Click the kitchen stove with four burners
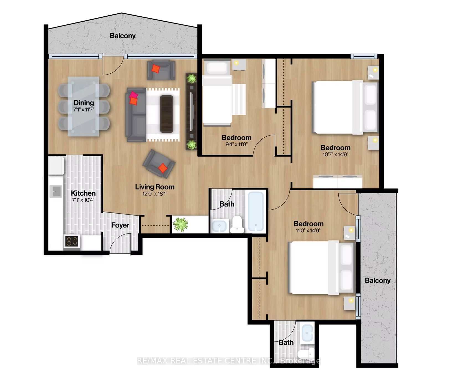coord(72,241)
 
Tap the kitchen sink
coord(56,191)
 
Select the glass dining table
coord(84,106)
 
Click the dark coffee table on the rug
coord(167,114)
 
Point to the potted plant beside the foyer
coord(180,224)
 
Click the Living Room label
coord(155,187)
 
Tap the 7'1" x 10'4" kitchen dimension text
coord(83,200)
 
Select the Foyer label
coord(120,225)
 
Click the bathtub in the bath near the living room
coord(256,211)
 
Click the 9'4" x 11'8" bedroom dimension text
coord(236,144)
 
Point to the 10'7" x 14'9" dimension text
coord(335,154)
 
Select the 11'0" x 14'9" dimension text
coord(308,230)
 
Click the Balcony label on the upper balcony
coord(123,36)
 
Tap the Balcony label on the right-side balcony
coord(378,281)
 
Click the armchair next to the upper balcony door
coord(161,70)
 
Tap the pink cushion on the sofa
coord(133,95)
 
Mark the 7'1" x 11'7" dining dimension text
coord(84,110)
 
